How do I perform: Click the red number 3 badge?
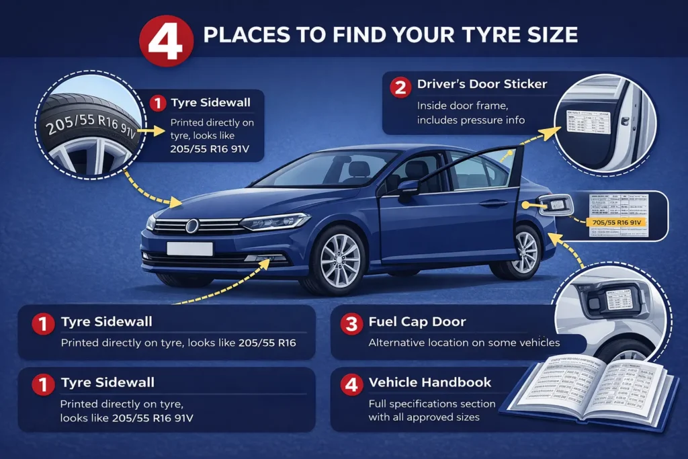pos(350,324)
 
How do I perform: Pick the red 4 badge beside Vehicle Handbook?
pos(350,385)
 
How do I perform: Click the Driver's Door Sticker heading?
pos(482,85)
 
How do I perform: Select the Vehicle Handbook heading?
pos(430,382)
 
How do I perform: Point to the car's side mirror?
pos(408,187)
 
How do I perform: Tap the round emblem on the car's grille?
pos(192,226)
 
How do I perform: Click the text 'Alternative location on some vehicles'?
pos(464,343)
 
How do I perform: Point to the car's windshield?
pos(329,168)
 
